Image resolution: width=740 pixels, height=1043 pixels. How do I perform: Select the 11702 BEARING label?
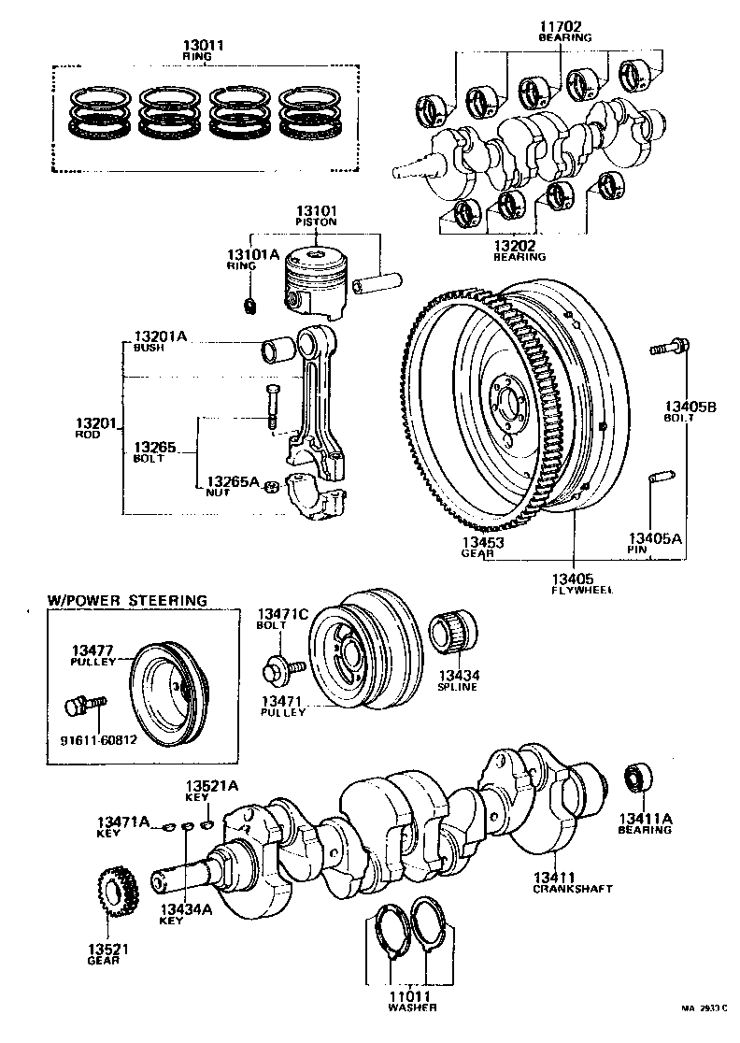(x=564, y=31)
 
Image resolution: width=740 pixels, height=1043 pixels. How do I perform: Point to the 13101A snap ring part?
(x=249, y=305)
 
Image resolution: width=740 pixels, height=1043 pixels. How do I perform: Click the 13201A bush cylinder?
(x=277, y=354)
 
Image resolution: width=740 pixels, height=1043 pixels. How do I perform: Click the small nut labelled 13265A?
(x=270, y=485)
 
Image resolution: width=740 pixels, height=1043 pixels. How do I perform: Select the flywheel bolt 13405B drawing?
(x=669, y=349)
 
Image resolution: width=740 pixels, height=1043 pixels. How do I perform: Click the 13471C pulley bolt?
(x=281, y=667)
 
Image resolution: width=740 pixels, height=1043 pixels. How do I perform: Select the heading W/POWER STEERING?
(x=127, y=600)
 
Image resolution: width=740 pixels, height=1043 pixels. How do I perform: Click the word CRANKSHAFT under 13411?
(x=573, y=889)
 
